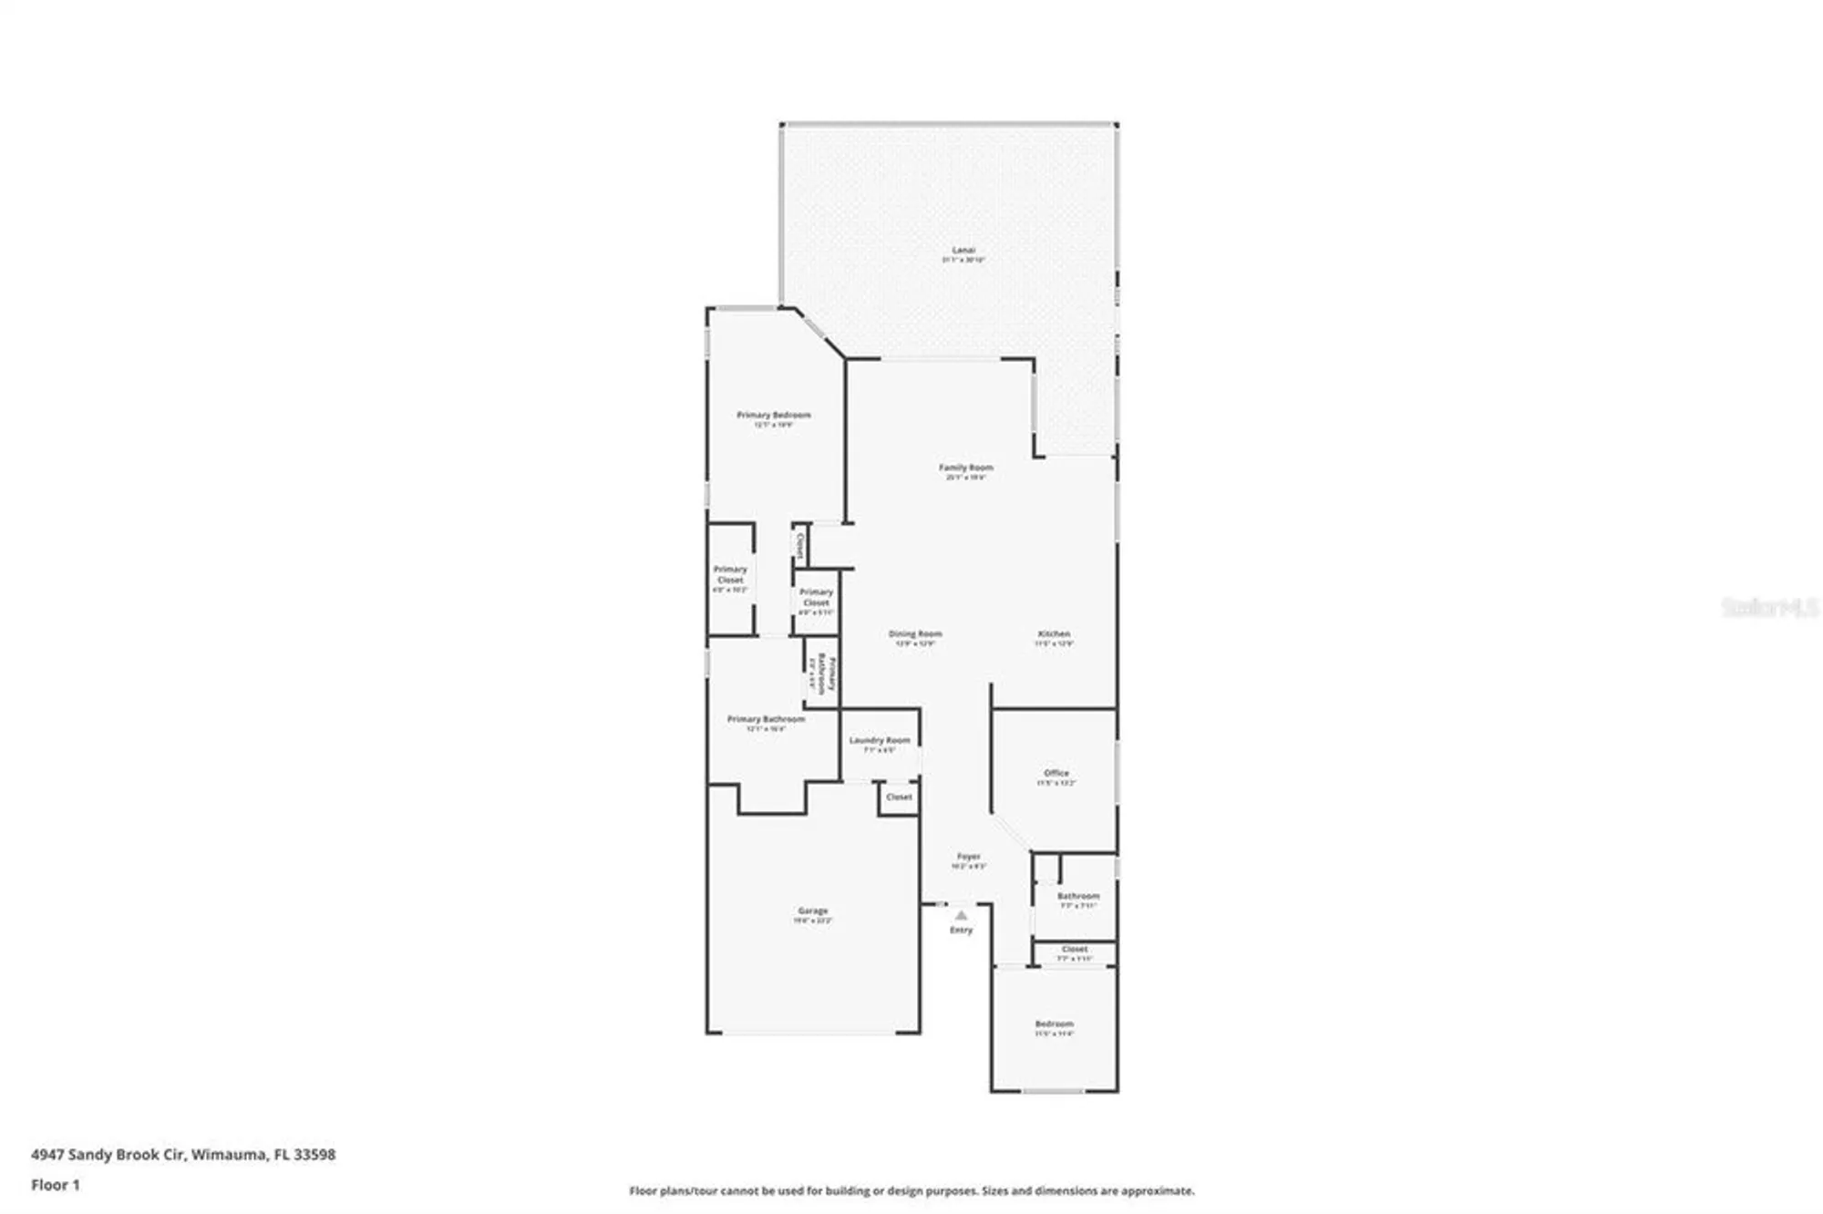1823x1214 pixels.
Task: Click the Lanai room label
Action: [963, 250]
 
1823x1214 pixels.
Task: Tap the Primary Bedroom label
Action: [773, 415]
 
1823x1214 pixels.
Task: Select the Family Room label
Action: [965, 468]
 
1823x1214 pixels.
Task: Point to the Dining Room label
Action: [914, 633]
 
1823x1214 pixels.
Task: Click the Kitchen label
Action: [1054, 633]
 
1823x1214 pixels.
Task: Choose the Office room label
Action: [1056, 773]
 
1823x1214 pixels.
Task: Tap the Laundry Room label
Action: [879, 740]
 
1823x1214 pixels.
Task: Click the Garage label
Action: [812, 910]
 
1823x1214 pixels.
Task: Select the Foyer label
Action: [968, 857]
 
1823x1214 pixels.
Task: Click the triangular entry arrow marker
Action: [961, 915]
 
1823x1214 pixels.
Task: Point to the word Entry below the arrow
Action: [961, 931]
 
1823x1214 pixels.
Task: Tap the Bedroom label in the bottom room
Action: [1054, 1024]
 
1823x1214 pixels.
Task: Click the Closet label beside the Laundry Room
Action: [899, 797]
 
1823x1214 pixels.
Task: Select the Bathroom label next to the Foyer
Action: [1077, 896]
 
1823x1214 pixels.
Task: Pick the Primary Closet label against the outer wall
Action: [730, 574]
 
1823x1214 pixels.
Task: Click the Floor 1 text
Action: [55, 1185]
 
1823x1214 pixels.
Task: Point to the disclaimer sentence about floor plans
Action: [911, 1190]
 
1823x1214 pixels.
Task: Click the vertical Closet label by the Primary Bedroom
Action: [800, 545]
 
